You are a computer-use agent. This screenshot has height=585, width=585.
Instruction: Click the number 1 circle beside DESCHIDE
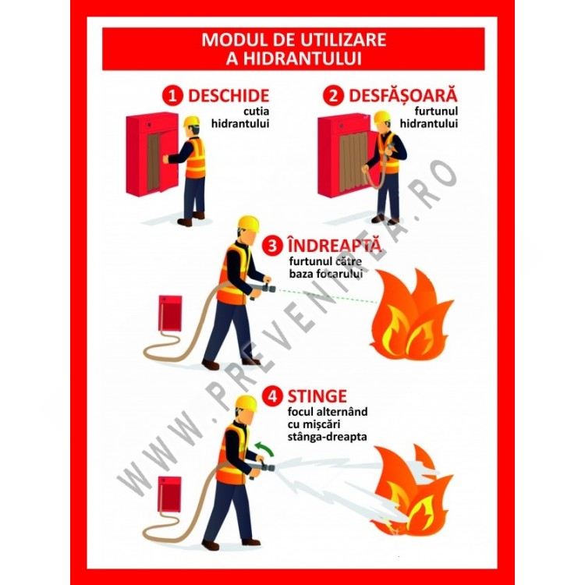172,96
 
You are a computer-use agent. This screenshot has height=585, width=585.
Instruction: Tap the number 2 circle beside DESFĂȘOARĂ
333,96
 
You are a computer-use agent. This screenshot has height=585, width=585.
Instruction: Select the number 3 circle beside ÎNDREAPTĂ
272,246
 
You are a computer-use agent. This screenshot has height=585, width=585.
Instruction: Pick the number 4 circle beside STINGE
272,396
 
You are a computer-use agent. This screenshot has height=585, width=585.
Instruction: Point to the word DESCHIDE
229,96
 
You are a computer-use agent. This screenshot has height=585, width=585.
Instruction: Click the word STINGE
317,396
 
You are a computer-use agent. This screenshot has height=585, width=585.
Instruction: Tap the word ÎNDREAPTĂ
335,245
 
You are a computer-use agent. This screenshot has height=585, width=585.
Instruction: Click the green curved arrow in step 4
264,448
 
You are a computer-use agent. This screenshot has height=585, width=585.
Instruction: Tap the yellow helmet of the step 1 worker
192,121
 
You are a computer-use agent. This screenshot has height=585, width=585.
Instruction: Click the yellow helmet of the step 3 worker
249,224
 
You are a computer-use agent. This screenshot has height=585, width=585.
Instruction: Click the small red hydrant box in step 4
169,495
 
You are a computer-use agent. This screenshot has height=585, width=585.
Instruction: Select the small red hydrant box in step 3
170,314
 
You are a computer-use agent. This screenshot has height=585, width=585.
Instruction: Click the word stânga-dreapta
327,437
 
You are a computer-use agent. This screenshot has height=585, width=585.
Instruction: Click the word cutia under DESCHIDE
257,112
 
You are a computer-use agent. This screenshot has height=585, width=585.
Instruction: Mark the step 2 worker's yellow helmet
381,116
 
